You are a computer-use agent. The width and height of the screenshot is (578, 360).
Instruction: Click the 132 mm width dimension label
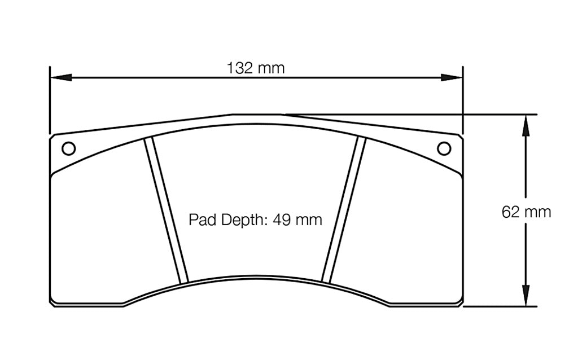[x=256, y=68]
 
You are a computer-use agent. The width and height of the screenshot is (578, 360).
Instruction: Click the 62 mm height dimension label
[x=526, y=212]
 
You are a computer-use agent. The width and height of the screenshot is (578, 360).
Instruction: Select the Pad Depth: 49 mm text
[x=255, y=219]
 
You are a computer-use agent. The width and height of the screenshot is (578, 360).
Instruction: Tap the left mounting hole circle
[x=68, y=148]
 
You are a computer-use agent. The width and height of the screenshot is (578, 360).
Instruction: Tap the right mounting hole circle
[x=444, y=148]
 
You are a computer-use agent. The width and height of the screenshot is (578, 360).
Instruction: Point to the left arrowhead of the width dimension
[x=60, y=77]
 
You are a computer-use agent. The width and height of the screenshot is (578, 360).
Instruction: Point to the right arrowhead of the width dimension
[x=453, y=77]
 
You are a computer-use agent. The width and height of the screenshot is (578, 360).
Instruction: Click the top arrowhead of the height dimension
[x=526, y=124]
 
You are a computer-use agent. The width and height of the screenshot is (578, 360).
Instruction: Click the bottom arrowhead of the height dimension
[x=526, y=297]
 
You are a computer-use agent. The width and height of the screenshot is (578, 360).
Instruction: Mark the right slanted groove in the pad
[x=343, y=210]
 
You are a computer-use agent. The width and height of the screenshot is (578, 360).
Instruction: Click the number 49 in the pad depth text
[x=281, y=219]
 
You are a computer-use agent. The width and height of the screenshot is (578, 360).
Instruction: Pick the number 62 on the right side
[x=511, y=212]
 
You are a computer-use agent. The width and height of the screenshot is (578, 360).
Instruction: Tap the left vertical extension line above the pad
[x=50, y=102]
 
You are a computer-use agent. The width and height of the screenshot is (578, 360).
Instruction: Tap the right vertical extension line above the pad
[x=463, y=102]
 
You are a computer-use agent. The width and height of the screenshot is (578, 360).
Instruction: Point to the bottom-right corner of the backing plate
[x=462, y=305]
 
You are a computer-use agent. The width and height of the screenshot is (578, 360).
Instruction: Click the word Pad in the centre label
[x=199, y=219]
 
